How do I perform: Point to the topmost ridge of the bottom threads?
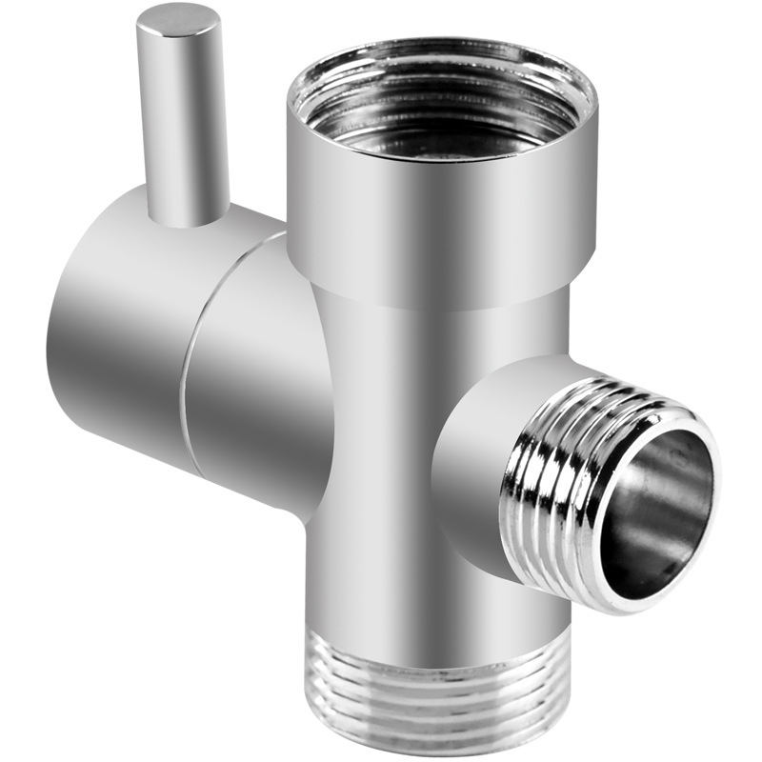pyautogui.click(x=438, y=636)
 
